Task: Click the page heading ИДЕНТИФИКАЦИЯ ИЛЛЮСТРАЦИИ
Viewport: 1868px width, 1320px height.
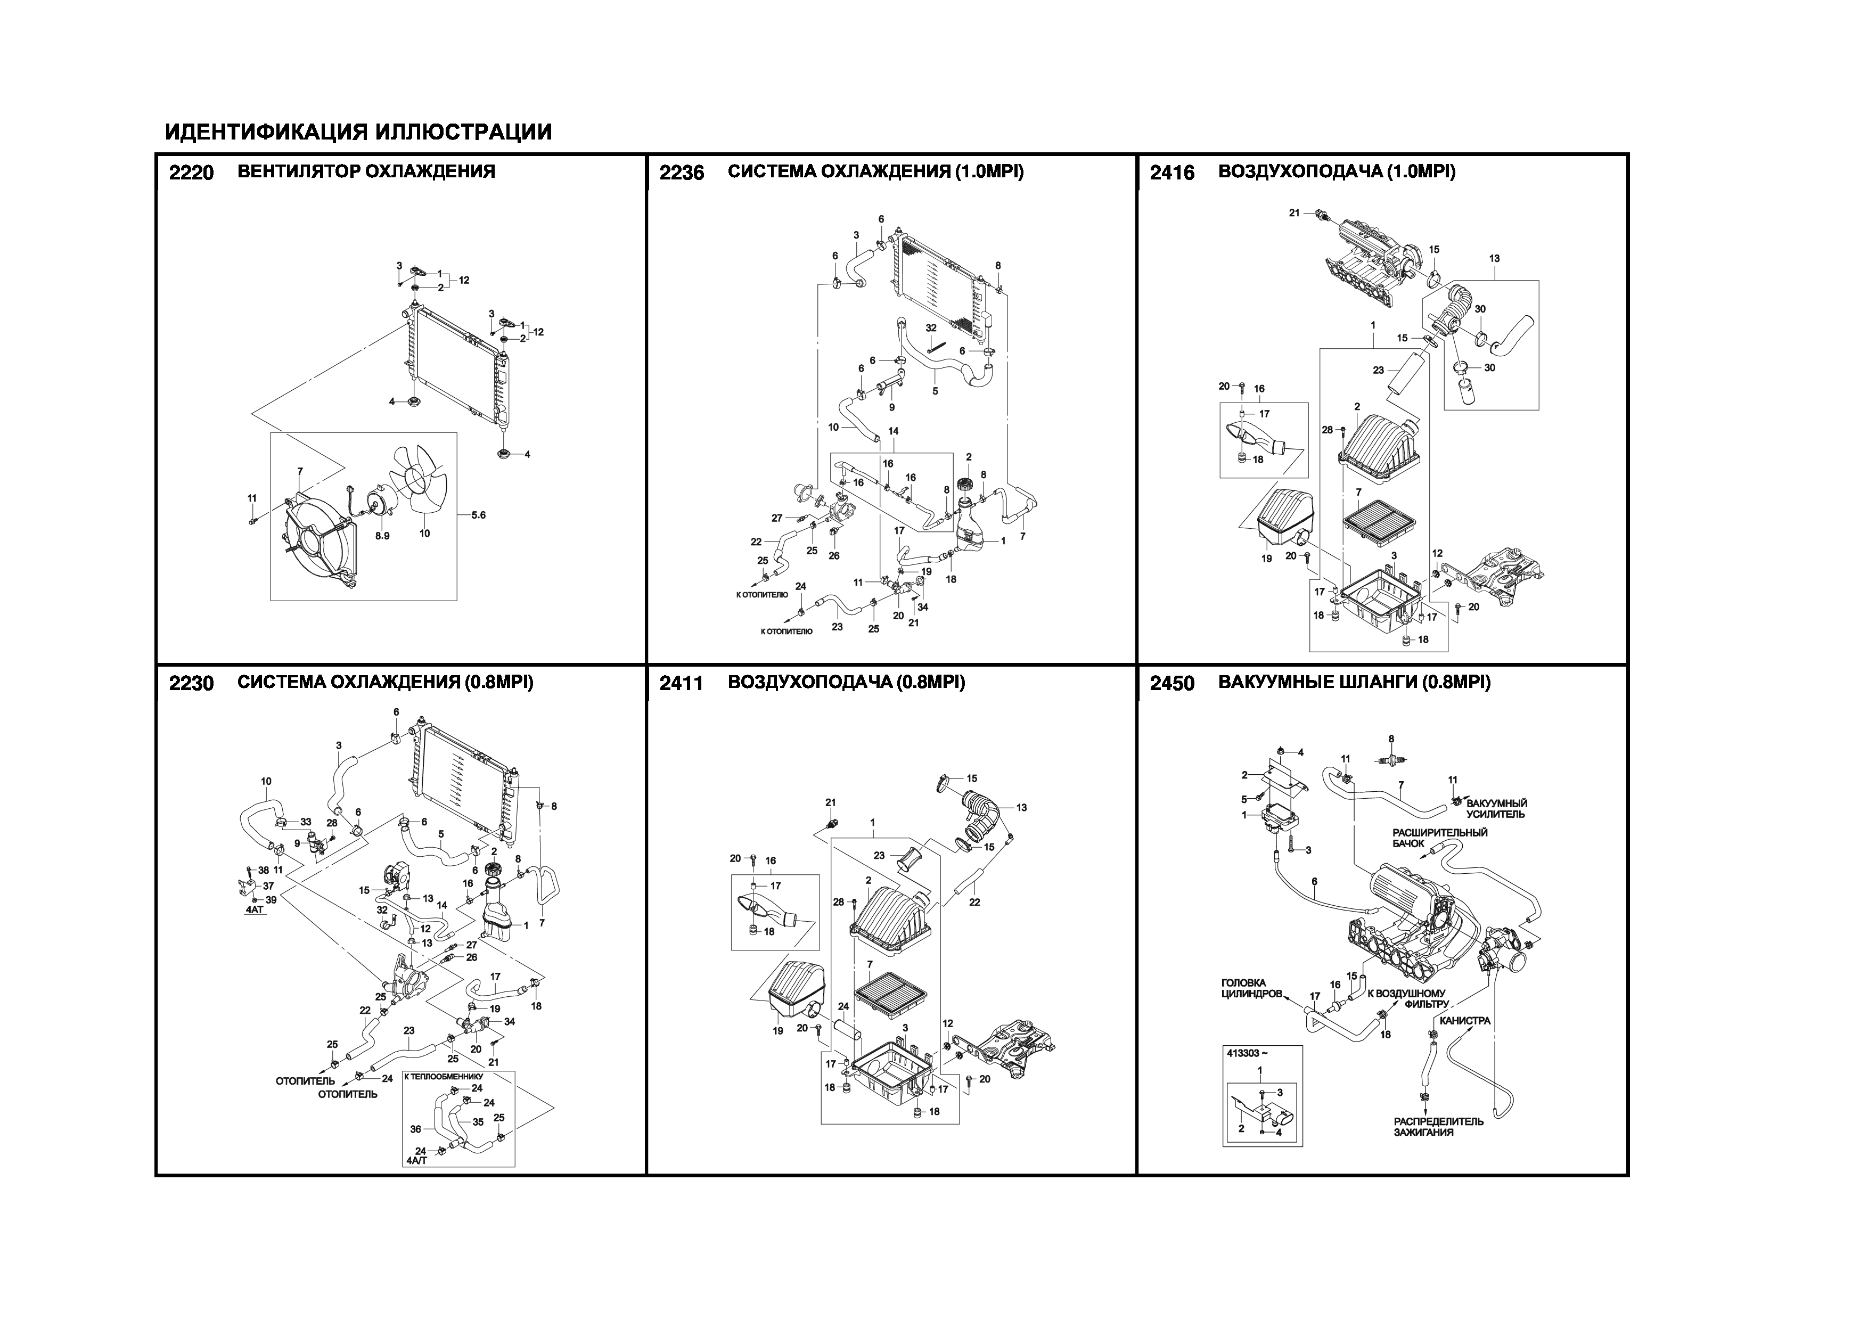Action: tap(358, 132)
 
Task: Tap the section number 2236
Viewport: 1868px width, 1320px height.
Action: tap(682, 173)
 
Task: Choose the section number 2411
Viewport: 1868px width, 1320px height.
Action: tap(682, 683)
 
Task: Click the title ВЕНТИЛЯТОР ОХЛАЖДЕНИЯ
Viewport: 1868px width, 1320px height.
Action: tap(366, 171)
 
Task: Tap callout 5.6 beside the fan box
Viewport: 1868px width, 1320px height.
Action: tap(478, 515)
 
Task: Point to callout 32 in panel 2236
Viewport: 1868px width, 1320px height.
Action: tap(931, 328)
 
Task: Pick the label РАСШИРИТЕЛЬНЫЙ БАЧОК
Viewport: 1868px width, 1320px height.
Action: tap(1439, 838)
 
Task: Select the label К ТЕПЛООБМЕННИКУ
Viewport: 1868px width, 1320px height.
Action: tap(444, 1076)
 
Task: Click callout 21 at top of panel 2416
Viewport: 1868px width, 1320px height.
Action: tap(1295, 213)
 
